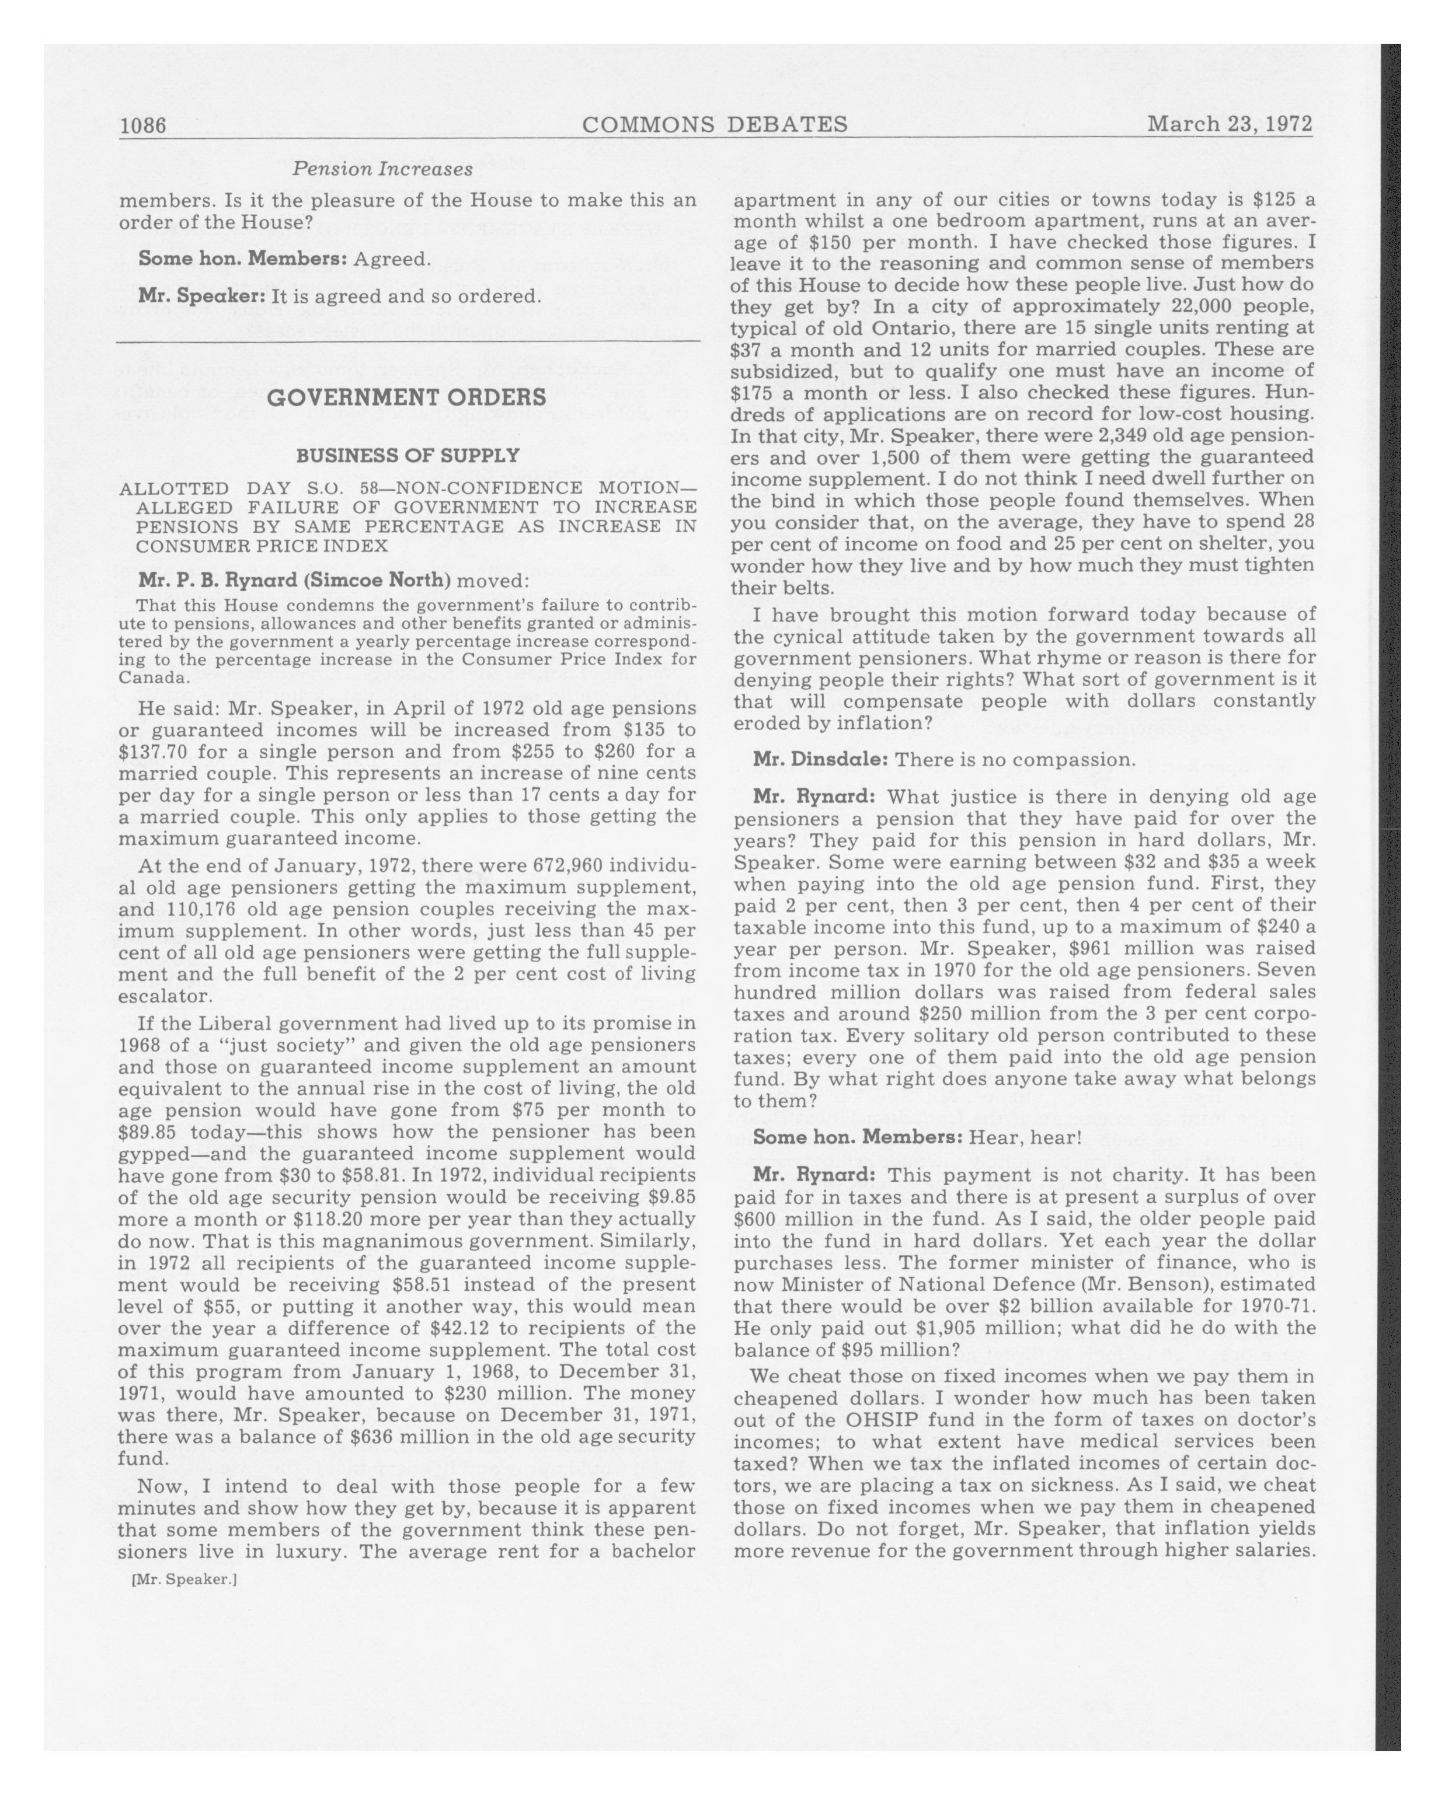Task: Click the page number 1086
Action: pos(143,125)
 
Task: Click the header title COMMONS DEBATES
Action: pos(715,124)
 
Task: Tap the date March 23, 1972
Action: pos(1230,124)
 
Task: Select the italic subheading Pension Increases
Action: pos(382,169)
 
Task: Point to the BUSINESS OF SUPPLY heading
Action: pos(408,455)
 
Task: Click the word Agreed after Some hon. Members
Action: pos(391,259)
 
